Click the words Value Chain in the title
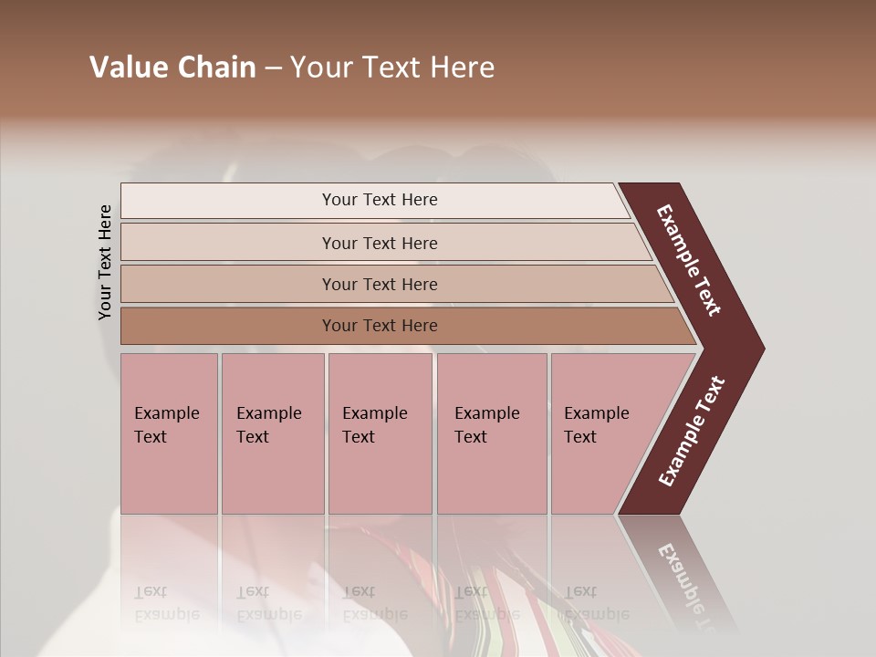point(172,68)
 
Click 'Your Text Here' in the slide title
point(392,68)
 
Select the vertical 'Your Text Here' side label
point(105,263)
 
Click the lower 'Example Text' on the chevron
point(692,432)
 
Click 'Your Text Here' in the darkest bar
point(380,326)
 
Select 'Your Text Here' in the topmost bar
point(380,200)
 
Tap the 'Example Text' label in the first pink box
point(166,425)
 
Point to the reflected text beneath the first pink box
point(166,603)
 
